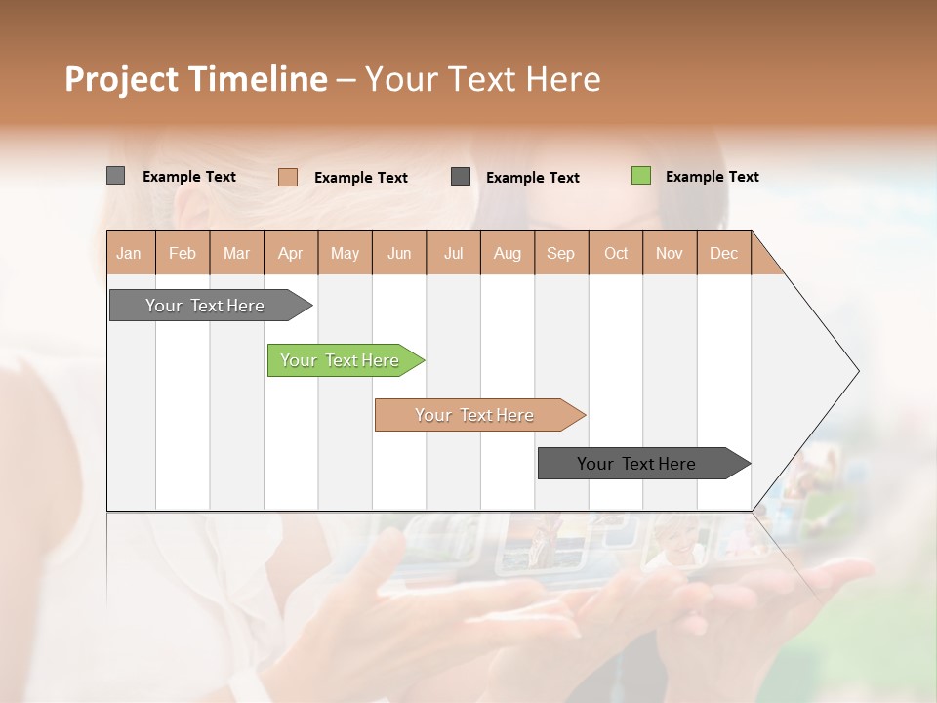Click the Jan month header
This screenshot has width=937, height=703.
click(x=129, y=253)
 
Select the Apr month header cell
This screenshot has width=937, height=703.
click(x=290, y=253)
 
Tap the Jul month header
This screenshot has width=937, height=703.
click(x=453, y=253)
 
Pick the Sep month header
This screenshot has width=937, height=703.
click(x=560, y=253)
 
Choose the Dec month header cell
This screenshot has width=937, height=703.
click(x=723, y=253)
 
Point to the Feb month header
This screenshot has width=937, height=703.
click(x=183, y=253)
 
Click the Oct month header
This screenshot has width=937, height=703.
click(x=616, y=253)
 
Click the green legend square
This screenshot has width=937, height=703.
click(x=641, y=176)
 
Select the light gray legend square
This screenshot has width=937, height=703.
click(x=115, y=176)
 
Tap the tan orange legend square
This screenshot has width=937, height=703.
click(x=288, y=177)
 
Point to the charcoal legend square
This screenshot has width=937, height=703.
click(x=461, y=176)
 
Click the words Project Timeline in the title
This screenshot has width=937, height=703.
click(x=195, y=79)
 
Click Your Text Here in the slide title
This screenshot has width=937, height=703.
click(x=482, y=79)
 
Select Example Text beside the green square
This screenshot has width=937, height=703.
click(x=712, y=177)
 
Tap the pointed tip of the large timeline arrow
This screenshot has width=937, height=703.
click(x=856, y=371)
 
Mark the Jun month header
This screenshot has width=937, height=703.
click(x=399, y=253)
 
